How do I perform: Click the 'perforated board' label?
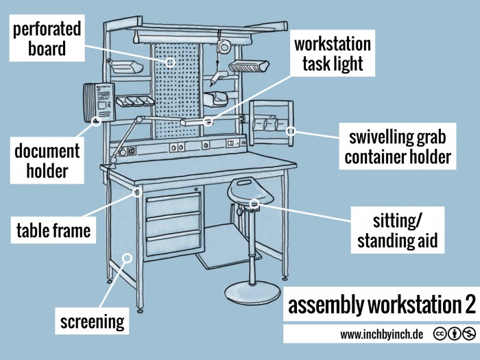46,39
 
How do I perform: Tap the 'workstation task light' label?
333,55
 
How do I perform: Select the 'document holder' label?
47,160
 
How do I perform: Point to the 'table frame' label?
53,230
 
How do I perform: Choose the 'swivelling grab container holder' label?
398,146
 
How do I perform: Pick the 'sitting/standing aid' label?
397,230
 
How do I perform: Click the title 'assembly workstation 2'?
381,305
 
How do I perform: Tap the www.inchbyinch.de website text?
381,334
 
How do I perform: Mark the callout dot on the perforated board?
170,62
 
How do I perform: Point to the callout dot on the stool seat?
254,203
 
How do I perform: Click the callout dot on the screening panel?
125,258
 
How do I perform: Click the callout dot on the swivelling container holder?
290,130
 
